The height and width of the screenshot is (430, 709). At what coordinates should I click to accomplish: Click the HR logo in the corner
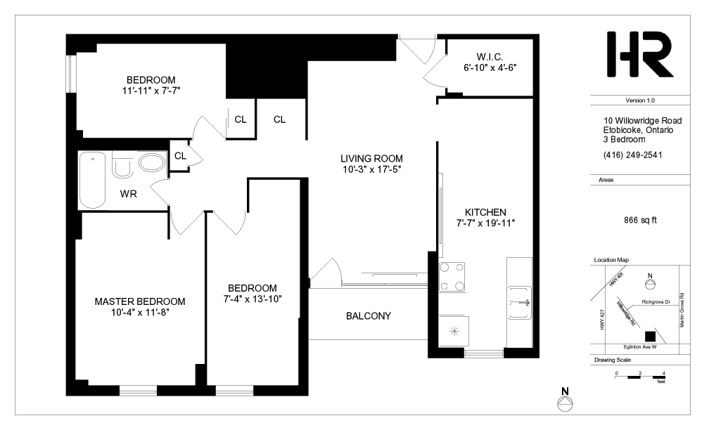point(639,54)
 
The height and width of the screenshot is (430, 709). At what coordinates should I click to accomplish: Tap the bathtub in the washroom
point(93,180)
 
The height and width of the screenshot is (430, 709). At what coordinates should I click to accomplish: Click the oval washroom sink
point(152,162)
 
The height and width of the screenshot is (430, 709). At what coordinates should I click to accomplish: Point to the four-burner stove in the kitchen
point(452,277)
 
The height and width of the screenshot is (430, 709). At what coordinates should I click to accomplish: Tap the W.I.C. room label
point(490,57)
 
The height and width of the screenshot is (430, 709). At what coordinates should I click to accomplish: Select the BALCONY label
point(369,316)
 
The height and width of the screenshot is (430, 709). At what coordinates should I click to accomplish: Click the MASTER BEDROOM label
point(140,301)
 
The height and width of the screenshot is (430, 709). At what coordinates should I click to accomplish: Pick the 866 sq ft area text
point(640,221)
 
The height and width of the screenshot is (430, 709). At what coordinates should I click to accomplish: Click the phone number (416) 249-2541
point(632,155)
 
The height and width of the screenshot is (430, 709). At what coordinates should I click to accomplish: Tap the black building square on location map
point(650,337)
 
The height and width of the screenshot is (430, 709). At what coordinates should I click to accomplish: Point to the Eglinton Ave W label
point(640,347)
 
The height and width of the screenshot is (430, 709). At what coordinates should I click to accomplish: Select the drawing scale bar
point(640,377)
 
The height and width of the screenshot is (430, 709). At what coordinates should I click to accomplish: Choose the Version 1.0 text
point(640,100)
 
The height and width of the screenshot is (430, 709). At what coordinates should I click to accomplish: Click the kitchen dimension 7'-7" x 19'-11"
point(485,223)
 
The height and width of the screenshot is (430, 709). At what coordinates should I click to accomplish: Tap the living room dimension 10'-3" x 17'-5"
point(371,169)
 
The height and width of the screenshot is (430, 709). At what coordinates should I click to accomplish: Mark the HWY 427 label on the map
point(602,319)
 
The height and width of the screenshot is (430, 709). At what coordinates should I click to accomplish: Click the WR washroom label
point(129,194)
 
